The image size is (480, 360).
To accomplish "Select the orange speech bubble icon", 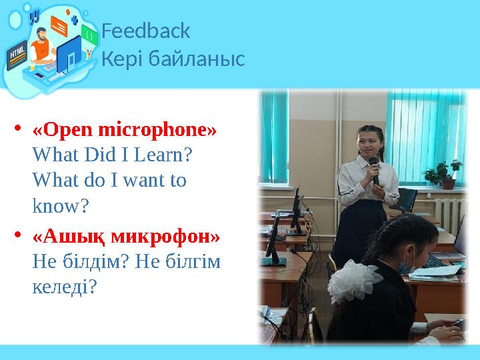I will coord(59,27).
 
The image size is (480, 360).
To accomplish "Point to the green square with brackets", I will coord(89,33).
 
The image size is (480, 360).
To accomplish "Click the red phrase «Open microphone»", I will coord(125,128).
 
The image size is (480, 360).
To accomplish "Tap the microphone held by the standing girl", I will coord(374,167).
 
